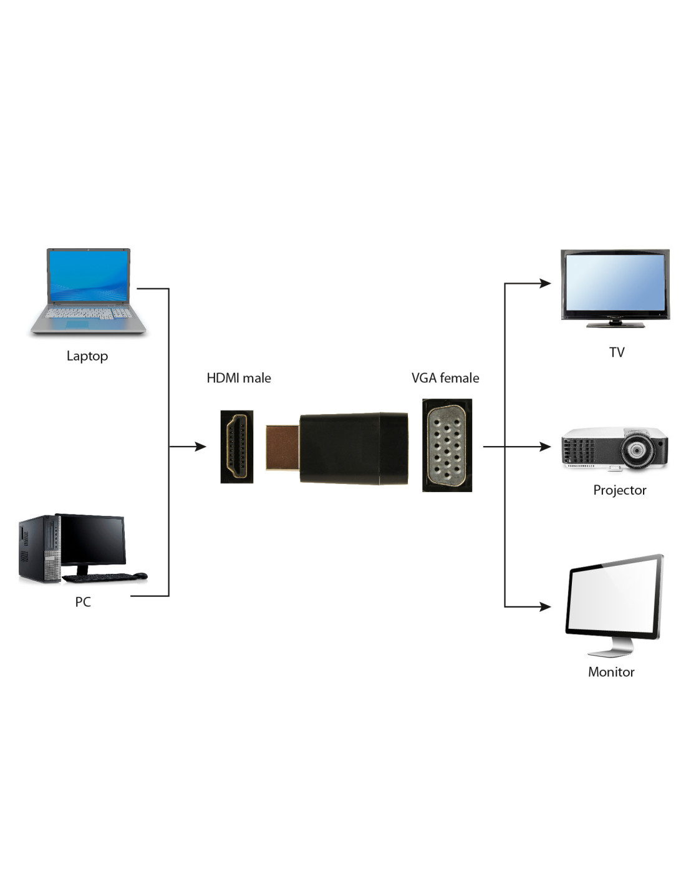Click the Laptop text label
(x=87, y=356)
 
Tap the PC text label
(x=83, y=602)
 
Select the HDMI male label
(x=238, y=378)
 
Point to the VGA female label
(x=445, y=378)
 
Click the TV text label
(x=617, y=352)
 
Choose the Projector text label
(x=619, y=490)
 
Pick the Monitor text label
(x=611, y=672)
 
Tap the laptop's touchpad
(x=77, y=324)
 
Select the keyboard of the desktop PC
(x=97, y=578)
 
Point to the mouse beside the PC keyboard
(x=141, y=575)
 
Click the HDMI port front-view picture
(x=237, y=447)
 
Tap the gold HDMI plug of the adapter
(x=283, y=447)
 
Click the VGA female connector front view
(x=447, y=445)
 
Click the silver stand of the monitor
(x=611, y=648)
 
